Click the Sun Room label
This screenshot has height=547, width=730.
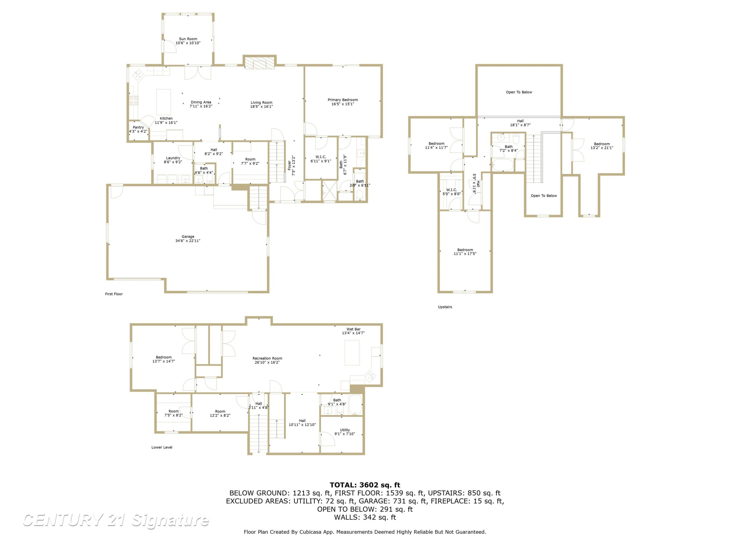click(x=188, y=39)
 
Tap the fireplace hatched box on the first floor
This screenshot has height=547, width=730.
click(x=259, y=63)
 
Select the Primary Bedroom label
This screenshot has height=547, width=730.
click(x=343, y=100)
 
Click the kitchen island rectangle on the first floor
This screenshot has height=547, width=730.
click(x=163, y=102)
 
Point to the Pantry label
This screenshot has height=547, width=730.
click(x=138, y=127)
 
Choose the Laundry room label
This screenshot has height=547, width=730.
click(x=173, y=158)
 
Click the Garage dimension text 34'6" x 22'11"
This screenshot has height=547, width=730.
click(x=188, y=241)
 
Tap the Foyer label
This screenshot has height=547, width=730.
click(x=289, y=165)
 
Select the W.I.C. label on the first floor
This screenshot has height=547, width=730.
click(x=320, y=157)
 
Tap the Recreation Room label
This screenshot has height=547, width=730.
click(x=267, y=358)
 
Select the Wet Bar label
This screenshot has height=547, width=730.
click(x=354, y=329)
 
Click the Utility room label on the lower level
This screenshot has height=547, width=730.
click(x=345, y=430)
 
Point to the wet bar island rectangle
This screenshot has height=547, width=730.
click(x=352, y=353)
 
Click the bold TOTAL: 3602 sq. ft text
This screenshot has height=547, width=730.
click(x=365, y=485)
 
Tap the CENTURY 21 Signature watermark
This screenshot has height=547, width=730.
click(x=116, y=520)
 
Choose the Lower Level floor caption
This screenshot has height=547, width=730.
click(x=162, y=447)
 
